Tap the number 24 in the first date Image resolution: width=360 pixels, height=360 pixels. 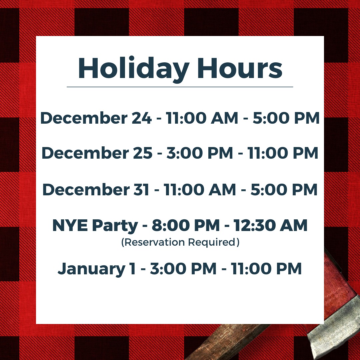tap(142, 118)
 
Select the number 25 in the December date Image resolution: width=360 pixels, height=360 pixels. tap(143, 153)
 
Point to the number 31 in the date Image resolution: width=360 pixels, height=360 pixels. tap(141, 190)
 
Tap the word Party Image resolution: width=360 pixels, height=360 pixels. tap(115, 226)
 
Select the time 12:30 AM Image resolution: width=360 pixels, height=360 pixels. tap(270, 225)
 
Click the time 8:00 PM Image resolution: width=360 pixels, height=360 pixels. tap(186, 225)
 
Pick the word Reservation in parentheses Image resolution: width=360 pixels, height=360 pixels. tap(153, 242)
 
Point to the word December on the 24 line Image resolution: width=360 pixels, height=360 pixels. tap(84, 118)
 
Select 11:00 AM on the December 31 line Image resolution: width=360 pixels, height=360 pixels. tap(200, 190)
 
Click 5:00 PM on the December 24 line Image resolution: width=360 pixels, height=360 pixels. tap(286, 118)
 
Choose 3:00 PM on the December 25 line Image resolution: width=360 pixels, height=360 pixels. tap(200, 153)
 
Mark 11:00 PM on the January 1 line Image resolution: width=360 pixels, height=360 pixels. tap(266, 269)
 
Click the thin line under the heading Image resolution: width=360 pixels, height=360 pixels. tap(180, 87)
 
